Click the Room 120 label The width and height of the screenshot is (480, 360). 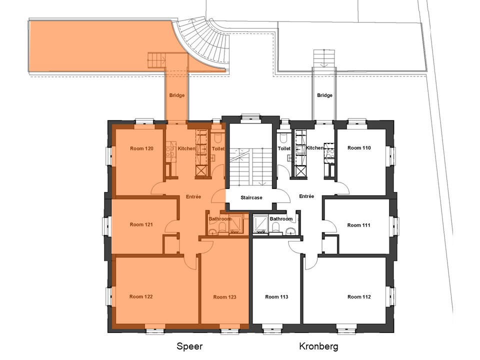[x=141, y=148]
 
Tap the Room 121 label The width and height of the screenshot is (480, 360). [x=141, y=224]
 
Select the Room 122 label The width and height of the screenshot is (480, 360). [x=141, y=296]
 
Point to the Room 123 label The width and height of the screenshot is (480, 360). [x=224, y=297]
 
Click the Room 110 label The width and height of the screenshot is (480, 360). [x=359, y=148]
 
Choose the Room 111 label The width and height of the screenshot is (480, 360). [x=359, y=225]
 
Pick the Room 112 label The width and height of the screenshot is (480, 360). [x=359, y=296]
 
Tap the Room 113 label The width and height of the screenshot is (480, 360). [x=276, y=296]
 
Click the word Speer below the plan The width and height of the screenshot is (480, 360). [x=189, y=346]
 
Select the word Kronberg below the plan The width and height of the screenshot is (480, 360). [x=318, y=346]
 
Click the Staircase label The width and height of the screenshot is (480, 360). [x=251, y=198]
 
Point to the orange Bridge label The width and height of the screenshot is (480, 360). [x=177, y=95]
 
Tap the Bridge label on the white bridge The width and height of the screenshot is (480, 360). [x=325, y=95]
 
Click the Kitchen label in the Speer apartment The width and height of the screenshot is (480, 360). [x=186, y=148]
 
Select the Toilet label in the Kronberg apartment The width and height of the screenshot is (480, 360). [x=284, y=148]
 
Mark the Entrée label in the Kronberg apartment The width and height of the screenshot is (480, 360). [x=306, y=196]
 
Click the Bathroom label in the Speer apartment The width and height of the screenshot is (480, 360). [x=220, y=219]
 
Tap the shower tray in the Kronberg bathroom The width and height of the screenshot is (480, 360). [x=260, y=224]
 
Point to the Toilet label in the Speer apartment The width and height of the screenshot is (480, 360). [x=218, y=149]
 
